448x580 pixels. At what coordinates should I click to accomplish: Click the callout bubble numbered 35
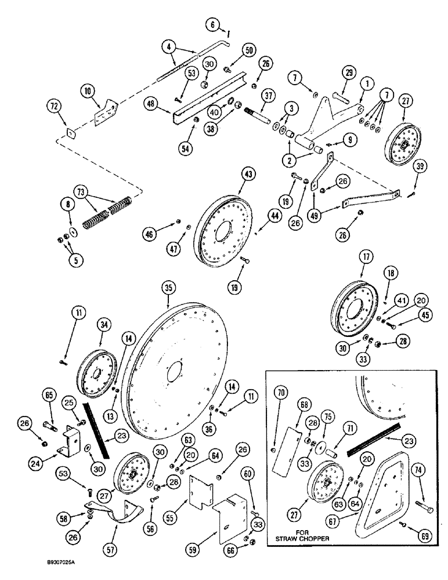click(169, 286)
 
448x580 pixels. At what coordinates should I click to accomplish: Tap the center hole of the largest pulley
click(174, 371)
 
